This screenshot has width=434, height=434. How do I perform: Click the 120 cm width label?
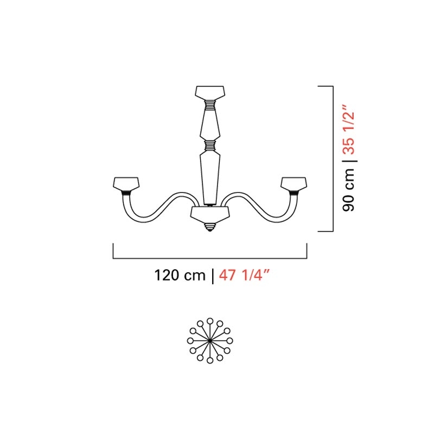(x=180, y=276)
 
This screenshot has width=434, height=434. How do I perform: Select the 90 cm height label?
(x=348, y=190)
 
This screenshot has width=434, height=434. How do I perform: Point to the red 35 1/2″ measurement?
(x=348, y=129)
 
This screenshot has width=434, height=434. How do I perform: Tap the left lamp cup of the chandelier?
(x=126, y=184)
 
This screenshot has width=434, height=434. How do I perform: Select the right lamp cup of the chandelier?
(x=293, y=184)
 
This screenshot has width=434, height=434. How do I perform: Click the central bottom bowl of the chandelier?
(x=210, y=213)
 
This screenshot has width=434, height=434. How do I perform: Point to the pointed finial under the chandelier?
(x=210, y=226)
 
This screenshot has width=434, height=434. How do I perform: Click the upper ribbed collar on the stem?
(x=210, y=105)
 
